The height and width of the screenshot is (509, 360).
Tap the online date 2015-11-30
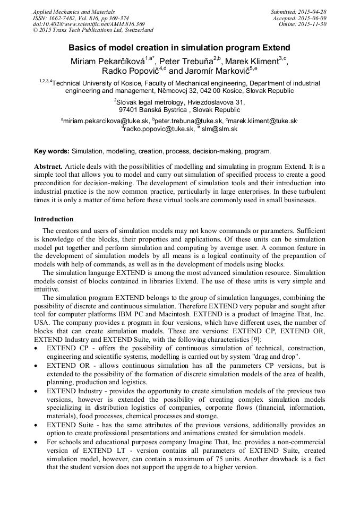[313, 24]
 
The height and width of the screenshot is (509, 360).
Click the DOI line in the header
[89, 24]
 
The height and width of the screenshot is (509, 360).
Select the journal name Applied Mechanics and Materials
[74, 12]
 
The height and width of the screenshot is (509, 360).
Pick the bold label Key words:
[52, 151]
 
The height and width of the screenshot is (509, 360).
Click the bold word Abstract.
[48, 167]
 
